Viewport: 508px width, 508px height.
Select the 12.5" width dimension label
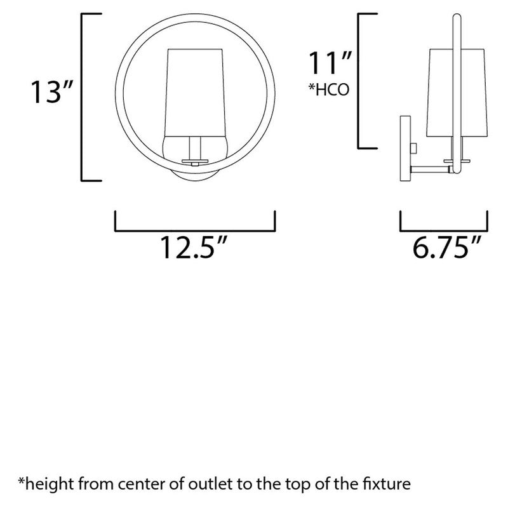tap(193, 248)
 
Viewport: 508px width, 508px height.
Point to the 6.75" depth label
tap(444, 248)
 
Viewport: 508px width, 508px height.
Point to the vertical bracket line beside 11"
tap(361, 79)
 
